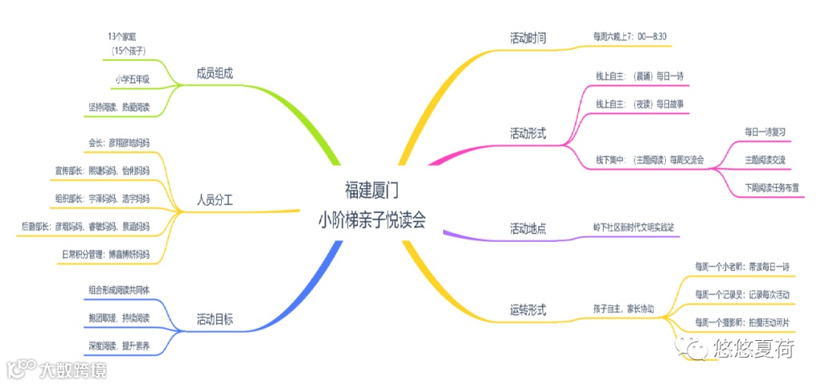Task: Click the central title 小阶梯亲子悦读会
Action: click(372, 220)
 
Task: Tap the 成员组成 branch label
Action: click(214, 73)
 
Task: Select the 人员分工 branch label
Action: click(214, 201)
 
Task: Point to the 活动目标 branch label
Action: click(214, 320)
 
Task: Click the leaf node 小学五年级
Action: click(132, 78)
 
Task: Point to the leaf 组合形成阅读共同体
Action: click(119, 290)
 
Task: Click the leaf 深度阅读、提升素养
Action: click(119, 345)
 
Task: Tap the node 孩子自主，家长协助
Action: click(623, 309)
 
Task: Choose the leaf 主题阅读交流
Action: click(766, 159)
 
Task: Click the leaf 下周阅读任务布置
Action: click(772, 186)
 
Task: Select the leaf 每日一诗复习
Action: click(765, 132)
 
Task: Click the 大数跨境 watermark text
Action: click(73, 371)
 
